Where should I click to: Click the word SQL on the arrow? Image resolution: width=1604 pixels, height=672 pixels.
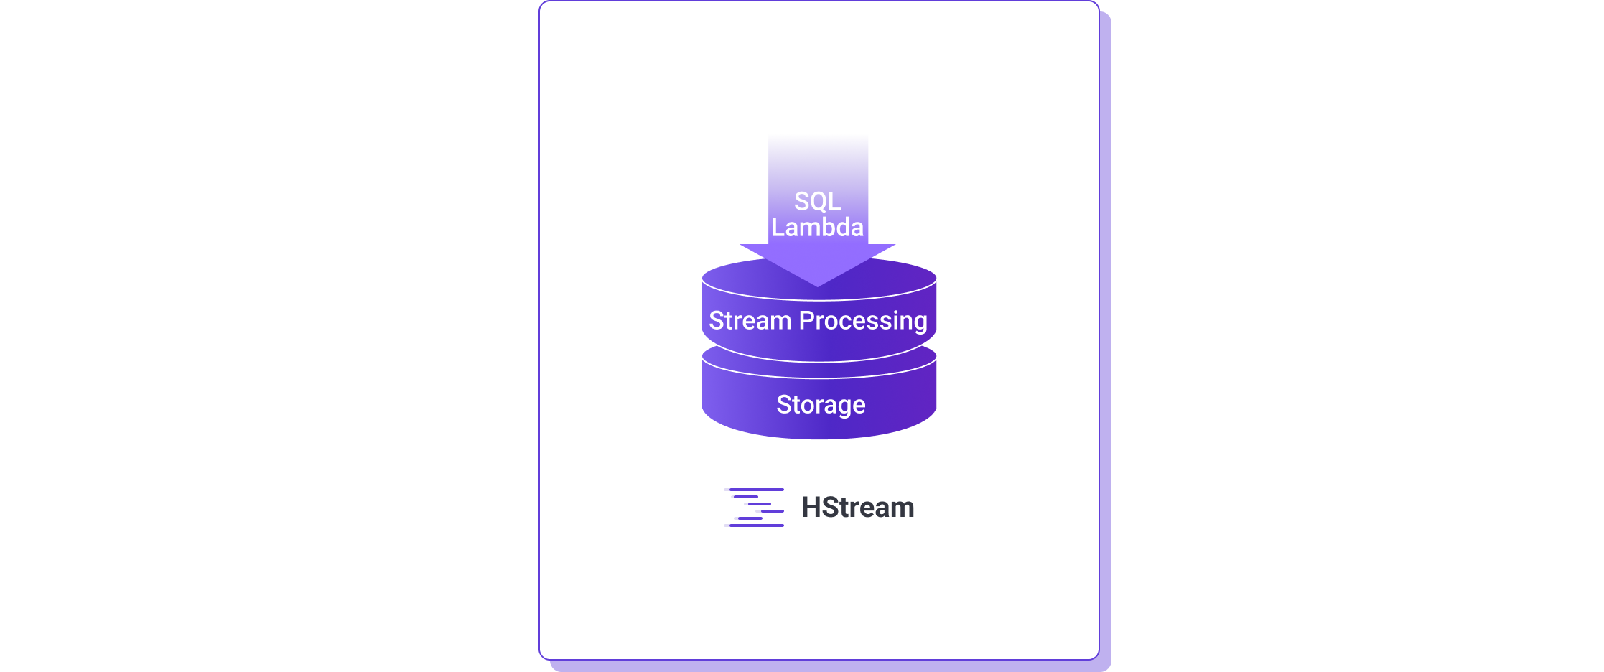(817, 202)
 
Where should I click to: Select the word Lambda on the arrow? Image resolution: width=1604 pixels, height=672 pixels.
(817, 228)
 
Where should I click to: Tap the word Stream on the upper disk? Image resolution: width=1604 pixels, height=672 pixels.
(750, 320)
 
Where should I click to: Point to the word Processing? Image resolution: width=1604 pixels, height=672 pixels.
(863, 321)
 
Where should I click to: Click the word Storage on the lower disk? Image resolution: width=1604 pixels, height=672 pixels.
(821, 405)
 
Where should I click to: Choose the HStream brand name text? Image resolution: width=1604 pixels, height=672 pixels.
(857, 508)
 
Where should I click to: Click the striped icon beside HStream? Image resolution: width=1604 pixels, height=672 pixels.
(755, 508)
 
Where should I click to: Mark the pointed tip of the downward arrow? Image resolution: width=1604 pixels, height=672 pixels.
(818, 285)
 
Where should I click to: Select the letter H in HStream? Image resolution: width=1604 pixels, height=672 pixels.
(811, 508)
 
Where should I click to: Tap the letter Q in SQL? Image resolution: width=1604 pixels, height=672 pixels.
(818, 202)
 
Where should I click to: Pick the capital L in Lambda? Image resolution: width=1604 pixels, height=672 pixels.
(778, 228)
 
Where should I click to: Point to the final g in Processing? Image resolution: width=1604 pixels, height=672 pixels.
(920, 322)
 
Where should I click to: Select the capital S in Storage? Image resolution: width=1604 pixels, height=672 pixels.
(784, 405)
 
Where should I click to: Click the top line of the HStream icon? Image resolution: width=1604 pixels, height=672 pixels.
(757, 490)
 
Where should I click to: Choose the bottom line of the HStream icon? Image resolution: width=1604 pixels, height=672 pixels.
(757, 526)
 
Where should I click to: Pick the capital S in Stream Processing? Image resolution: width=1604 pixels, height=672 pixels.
(716, 320)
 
